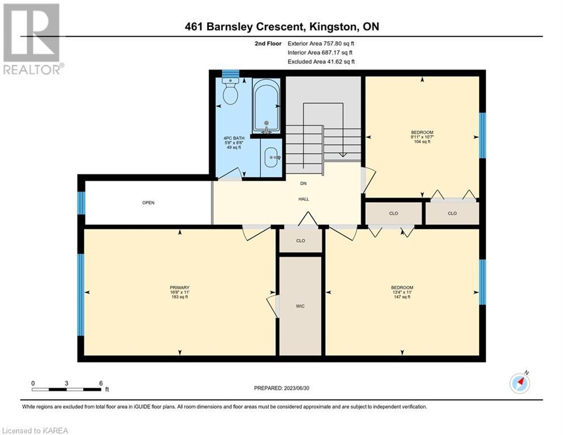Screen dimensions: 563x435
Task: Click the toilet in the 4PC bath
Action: [x=230, y=91]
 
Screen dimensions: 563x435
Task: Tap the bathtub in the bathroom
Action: [x=266, y=106]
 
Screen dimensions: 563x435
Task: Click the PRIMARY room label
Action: [x=179, y=288]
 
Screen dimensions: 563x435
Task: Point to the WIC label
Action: [x=300, y=306]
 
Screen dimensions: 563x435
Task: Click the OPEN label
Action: [x=148, y=203]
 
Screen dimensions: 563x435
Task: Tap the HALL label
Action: [x=304, y=199]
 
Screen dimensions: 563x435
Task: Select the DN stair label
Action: [x=303, y=184]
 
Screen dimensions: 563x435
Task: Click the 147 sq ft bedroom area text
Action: [x=402, y=297]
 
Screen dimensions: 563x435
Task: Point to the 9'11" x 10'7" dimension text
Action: [x=422, y=137]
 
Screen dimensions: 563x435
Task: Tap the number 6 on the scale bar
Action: [x=101, y=383]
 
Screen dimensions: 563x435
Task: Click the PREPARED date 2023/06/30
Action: [x=296, y=388]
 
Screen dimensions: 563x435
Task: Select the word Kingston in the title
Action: [x=333, y=27]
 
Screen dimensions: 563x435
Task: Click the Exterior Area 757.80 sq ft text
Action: [x=321, y=44]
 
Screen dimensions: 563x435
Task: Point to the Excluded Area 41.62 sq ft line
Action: [x=321, y=62]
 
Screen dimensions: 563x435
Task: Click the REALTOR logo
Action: [x=32, y=39]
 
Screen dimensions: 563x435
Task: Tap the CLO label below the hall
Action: [x=300, y=241]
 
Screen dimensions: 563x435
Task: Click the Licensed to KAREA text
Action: [x=35, y=430]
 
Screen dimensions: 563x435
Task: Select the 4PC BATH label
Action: [x=234, y=138]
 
